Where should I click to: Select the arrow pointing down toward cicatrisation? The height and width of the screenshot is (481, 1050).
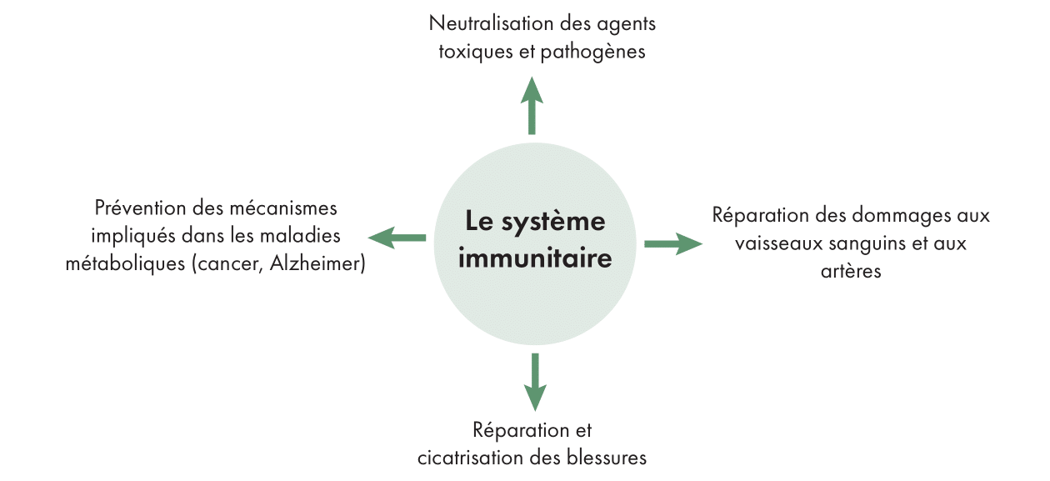pos(534,383)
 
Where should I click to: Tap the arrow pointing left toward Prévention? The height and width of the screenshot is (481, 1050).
pos(397,238)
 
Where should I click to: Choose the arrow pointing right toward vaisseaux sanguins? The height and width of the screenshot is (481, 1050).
pos(672,243)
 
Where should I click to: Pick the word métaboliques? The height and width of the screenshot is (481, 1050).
pos(124,263)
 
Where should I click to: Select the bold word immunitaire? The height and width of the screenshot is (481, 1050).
pos(535,258)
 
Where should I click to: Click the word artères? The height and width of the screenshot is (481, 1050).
pos(851,272)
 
